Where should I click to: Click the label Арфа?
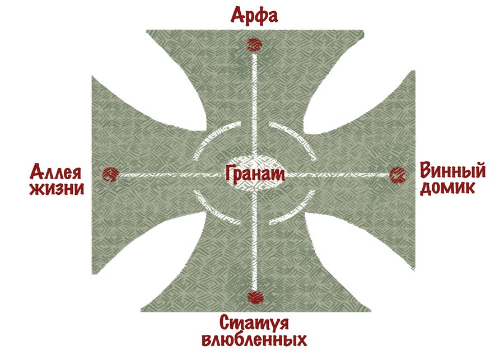point(254,16)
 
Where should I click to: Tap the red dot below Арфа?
point(254,44)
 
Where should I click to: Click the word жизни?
point(57,188)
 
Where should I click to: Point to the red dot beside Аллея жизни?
point(110,174)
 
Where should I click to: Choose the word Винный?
point(452,170)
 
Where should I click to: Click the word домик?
point(447,188)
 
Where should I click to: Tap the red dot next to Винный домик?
point(398,175)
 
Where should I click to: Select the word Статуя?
point(254,323)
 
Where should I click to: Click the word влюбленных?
point(254,339)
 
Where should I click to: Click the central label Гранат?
point(255,174)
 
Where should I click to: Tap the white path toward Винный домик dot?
point(338,175)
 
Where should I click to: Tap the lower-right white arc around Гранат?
point(297,212)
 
